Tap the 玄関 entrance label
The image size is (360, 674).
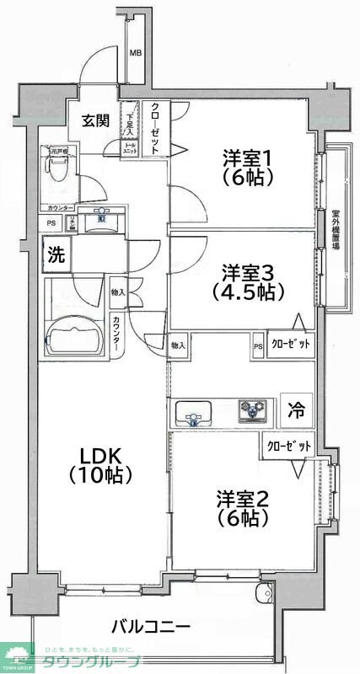(x=95, y=120)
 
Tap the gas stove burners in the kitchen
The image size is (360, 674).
(x=251, y=410)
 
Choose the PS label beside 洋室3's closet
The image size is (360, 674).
(x=257, y=345)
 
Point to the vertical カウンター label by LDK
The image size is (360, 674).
(x=116, y=334)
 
